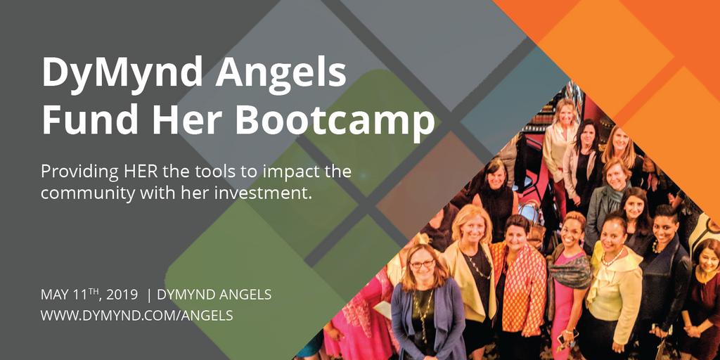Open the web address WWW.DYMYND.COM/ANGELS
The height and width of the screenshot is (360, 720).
click(136, 316)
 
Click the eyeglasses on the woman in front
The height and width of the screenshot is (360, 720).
click(422, 264)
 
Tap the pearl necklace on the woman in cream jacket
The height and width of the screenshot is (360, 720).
click(610, 258)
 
